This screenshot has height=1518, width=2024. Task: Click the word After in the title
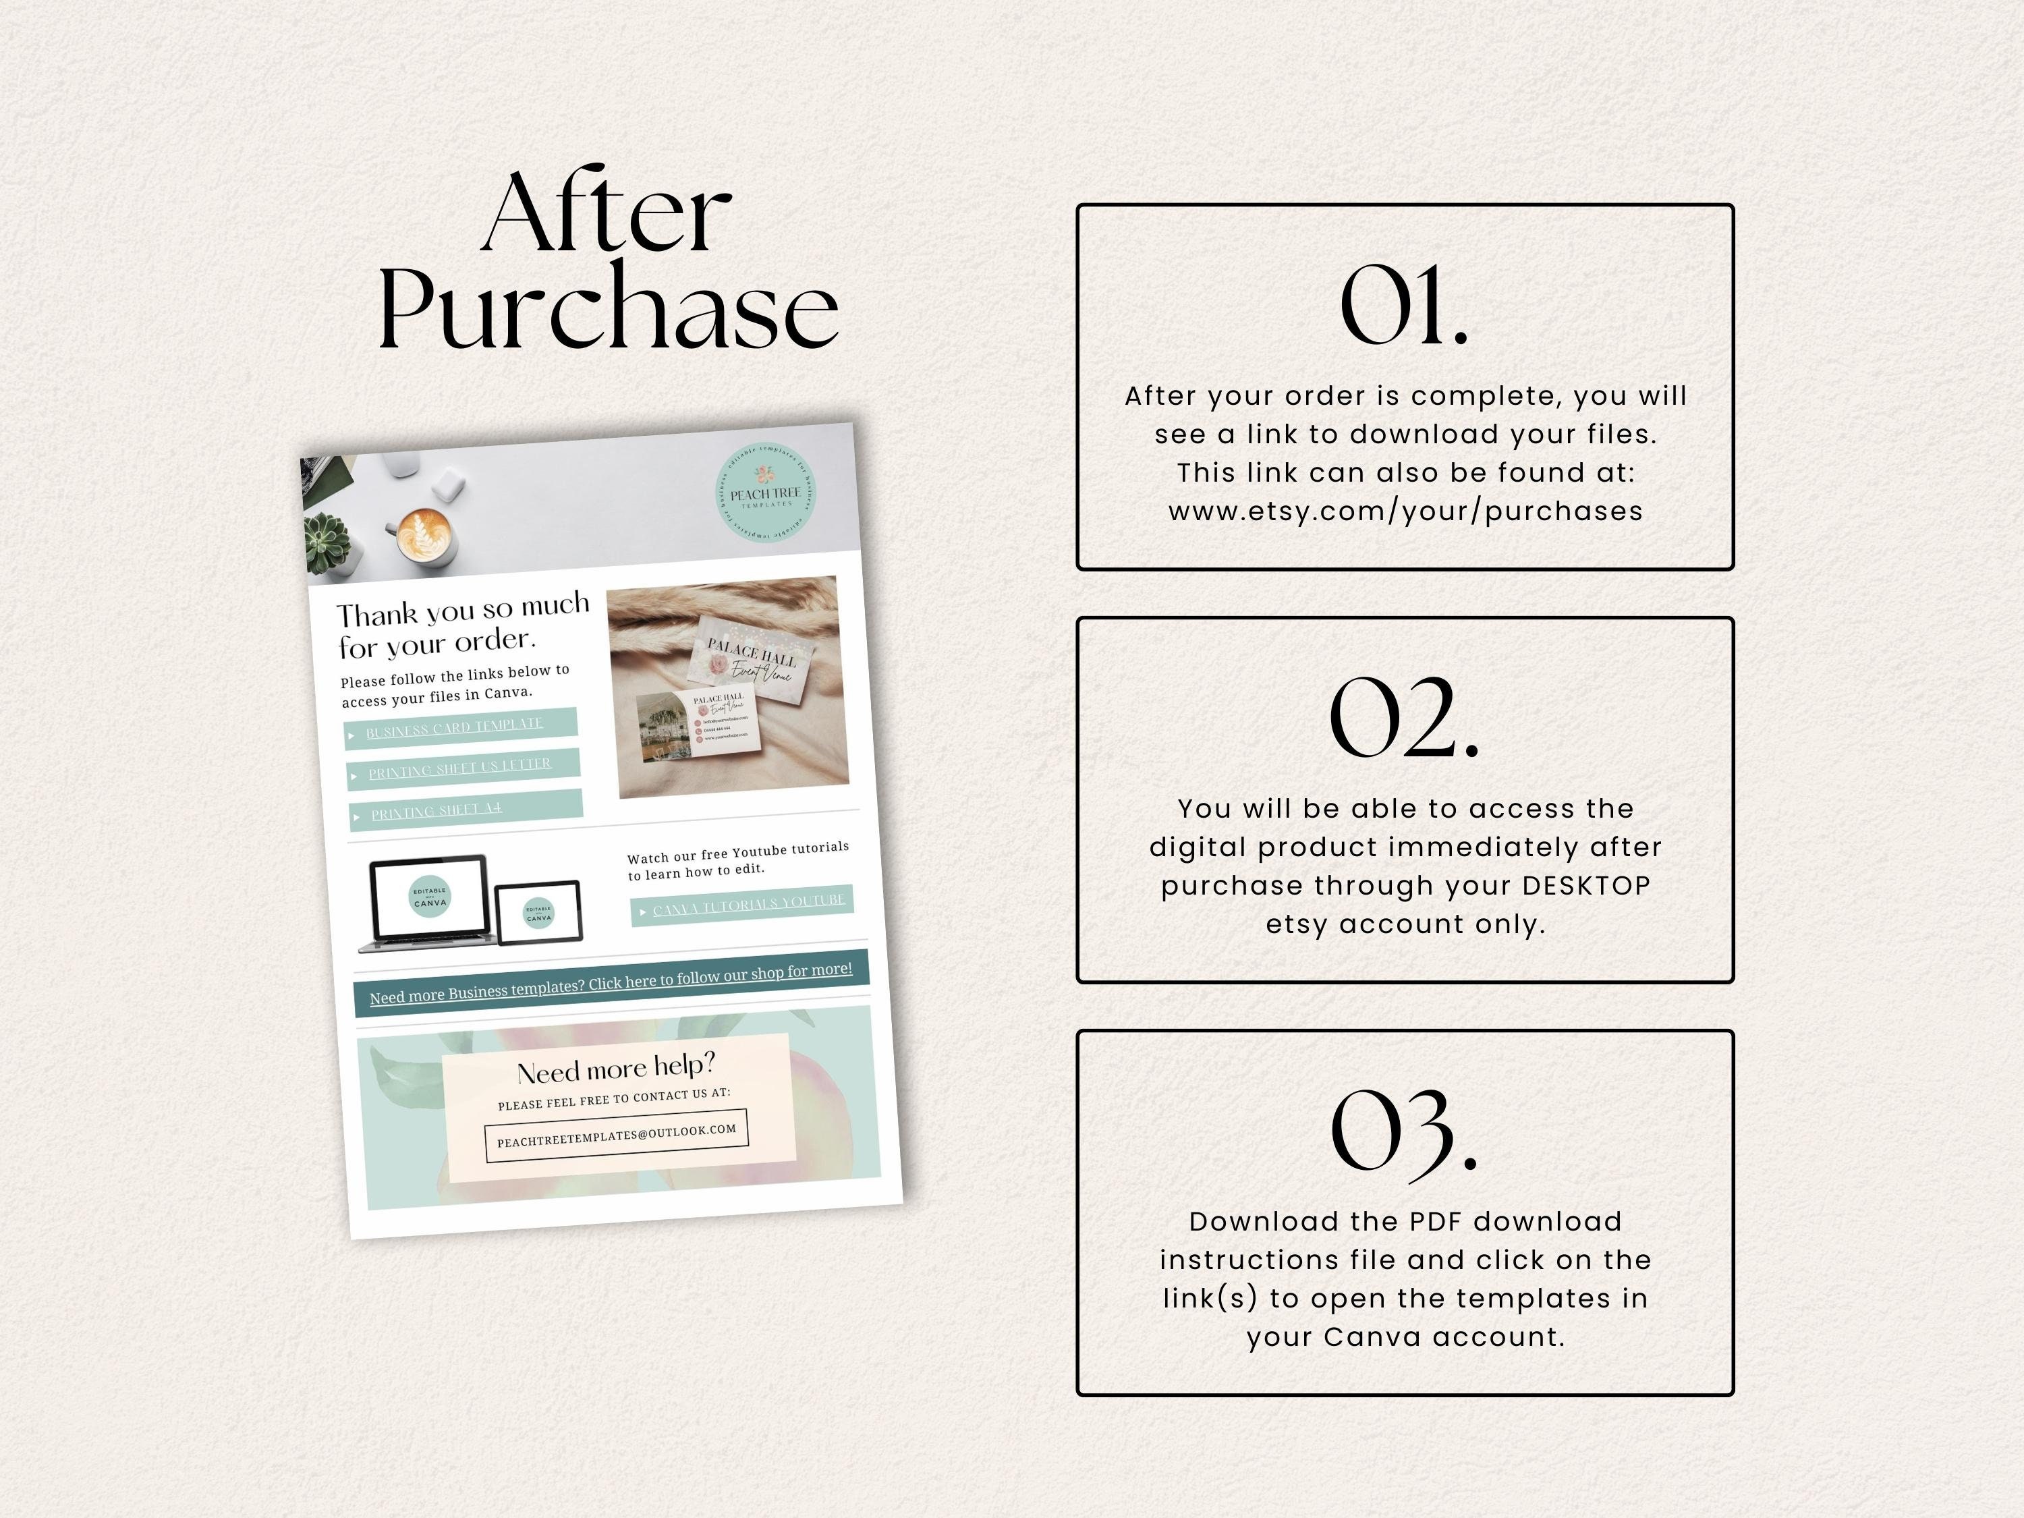point(606,213)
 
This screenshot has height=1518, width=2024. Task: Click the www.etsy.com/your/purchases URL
point(1405,511)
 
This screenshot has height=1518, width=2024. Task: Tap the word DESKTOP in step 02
point(1587,886)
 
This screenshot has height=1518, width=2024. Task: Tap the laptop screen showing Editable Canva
point(429,897)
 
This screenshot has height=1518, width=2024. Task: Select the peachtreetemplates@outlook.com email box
point(617,1135)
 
